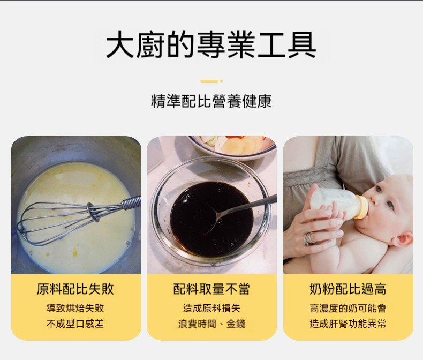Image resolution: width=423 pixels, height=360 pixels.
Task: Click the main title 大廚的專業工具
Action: click(211, 45)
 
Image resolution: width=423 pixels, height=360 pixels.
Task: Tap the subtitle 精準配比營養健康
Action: click(211, 101)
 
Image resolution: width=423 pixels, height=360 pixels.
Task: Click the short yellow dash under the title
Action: click(209, 81)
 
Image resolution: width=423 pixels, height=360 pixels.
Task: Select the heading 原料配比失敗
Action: click(75, 289)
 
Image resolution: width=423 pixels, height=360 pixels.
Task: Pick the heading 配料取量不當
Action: click(211, 289)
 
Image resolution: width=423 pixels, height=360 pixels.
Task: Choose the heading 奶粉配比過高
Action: click(348, 289)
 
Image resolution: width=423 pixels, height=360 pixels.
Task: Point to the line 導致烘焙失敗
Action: click(75, 308)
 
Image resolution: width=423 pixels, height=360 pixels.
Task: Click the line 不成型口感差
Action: click(75, 324)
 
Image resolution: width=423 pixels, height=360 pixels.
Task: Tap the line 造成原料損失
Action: click(211, 308)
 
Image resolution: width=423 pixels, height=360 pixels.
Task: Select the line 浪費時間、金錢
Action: click(211, 324)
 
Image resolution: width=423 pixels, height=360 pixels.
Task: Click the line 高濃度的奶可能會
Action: click(348, 308)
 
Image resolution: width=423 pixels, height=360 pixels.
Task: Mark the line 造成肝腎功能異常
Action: click(348, 324)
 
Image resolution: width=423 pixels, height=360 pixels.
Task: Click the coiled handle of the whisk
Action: click(132, 202)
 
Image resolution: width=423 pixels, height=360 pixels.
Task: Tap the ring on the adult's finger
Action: click(309, 238)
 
